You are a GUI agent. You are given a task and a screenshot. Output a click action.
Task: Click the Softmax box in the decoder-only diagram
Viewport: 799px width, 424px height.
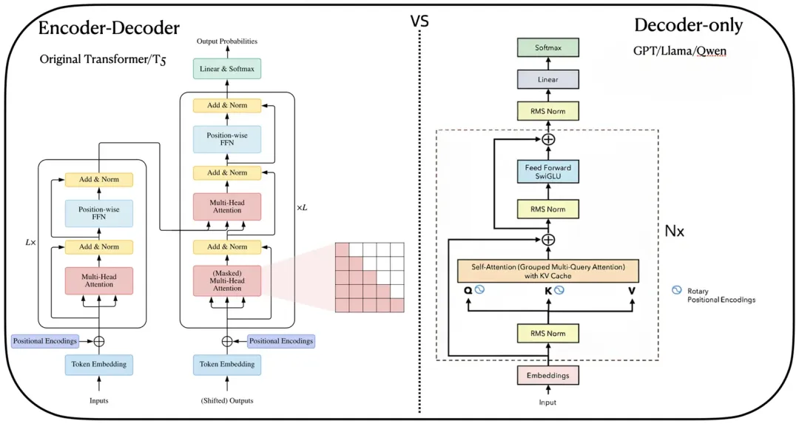[547, 47]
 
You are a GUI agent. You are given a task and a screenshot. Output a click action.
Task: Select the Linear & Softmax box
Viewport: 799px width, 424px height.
[227, 69]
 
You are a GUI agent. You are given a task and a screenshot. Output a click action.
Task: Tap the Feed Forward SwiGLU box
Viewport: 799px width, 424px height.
[547, 172]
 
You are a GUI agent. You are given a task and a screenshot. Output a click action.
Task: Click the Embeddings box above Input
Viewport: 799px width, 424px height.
[547, 376]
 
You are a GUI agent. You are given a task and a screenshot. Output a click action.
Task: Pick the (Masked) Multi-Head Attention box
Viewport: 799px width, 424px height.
[227, 280]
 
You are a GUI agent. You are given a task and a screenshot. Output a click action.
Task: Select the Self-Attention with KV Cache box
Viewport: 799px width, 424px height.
[547, 271]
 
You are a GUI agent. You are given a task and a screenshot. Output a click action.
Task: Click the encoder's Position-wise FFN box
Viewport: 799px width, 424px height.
[99, 213]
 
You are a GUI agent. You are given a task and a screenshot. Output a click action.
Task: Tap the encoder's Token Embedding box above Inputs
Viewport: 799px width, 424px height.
[99, 364]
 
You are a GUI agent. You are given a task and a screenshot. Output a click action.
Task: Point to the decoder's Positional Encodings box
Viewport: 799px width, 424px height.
[281, 341]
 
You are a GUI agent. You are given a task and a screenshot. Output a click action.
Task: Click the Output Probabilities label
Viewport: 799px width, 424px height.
[227, 41]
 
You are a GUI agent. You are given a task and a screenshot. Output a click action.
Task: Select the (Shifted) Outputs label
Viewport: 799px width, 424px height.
[227, 400]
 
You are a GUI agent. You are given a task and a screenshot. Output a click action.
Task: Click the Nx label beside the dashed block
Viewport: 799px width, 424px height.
[674, 232]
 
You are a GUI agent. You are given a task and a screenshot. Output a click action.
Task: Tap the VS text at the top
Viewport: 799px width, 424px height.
[420, 21]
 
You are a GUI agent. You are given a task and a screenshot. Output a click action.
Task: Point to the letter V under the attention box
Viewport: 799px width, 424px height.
[632, 291]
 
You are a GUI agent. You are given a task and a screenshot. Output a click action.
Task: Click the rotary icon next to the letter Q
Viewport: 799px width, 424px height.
[479, 290]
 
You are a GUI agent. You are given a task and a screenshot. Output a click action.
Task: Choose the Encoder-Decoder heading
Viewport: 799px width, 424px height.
[109, 28]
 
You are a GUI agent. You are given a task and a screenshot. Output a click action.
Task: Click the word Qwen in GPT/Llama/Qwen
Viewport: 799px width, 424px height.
[712, 51]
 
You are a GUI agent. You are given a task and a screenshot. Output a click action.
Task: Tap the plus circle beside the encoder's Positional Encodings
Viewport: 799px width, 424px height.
[99, 341]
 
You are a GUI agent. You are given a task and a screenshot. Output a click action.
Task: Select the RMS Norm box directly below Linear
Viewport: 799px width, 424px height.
[547, 111]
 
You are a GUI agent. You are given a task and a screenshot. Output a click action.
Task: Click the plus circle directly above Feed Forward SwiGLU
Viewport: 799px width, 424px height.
[548, 139]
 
